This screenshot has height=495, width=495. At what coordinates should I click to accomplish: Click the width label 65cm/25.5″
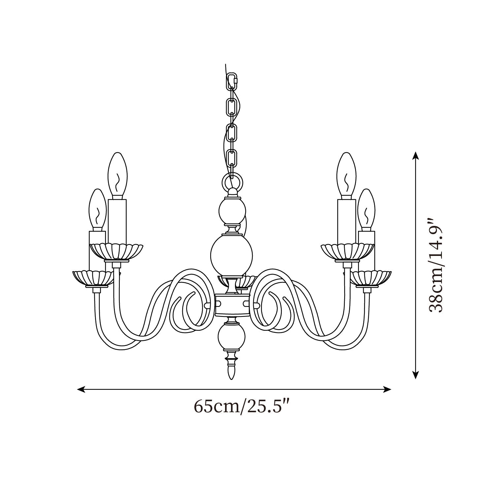[x=242, y=406]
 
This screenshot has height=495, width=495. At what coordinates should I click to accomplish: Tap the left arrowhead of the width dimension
[x=81, y=389]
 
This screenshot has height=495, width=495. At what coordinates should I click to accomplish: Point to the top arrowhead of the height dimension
[x=416, y=156]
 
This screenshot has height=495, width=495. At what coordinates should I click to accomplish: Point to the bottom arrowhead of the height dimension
[x=416, y=374]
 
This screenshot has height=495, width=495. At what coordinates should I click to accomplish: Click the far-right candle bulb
[x=367, y=210]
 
